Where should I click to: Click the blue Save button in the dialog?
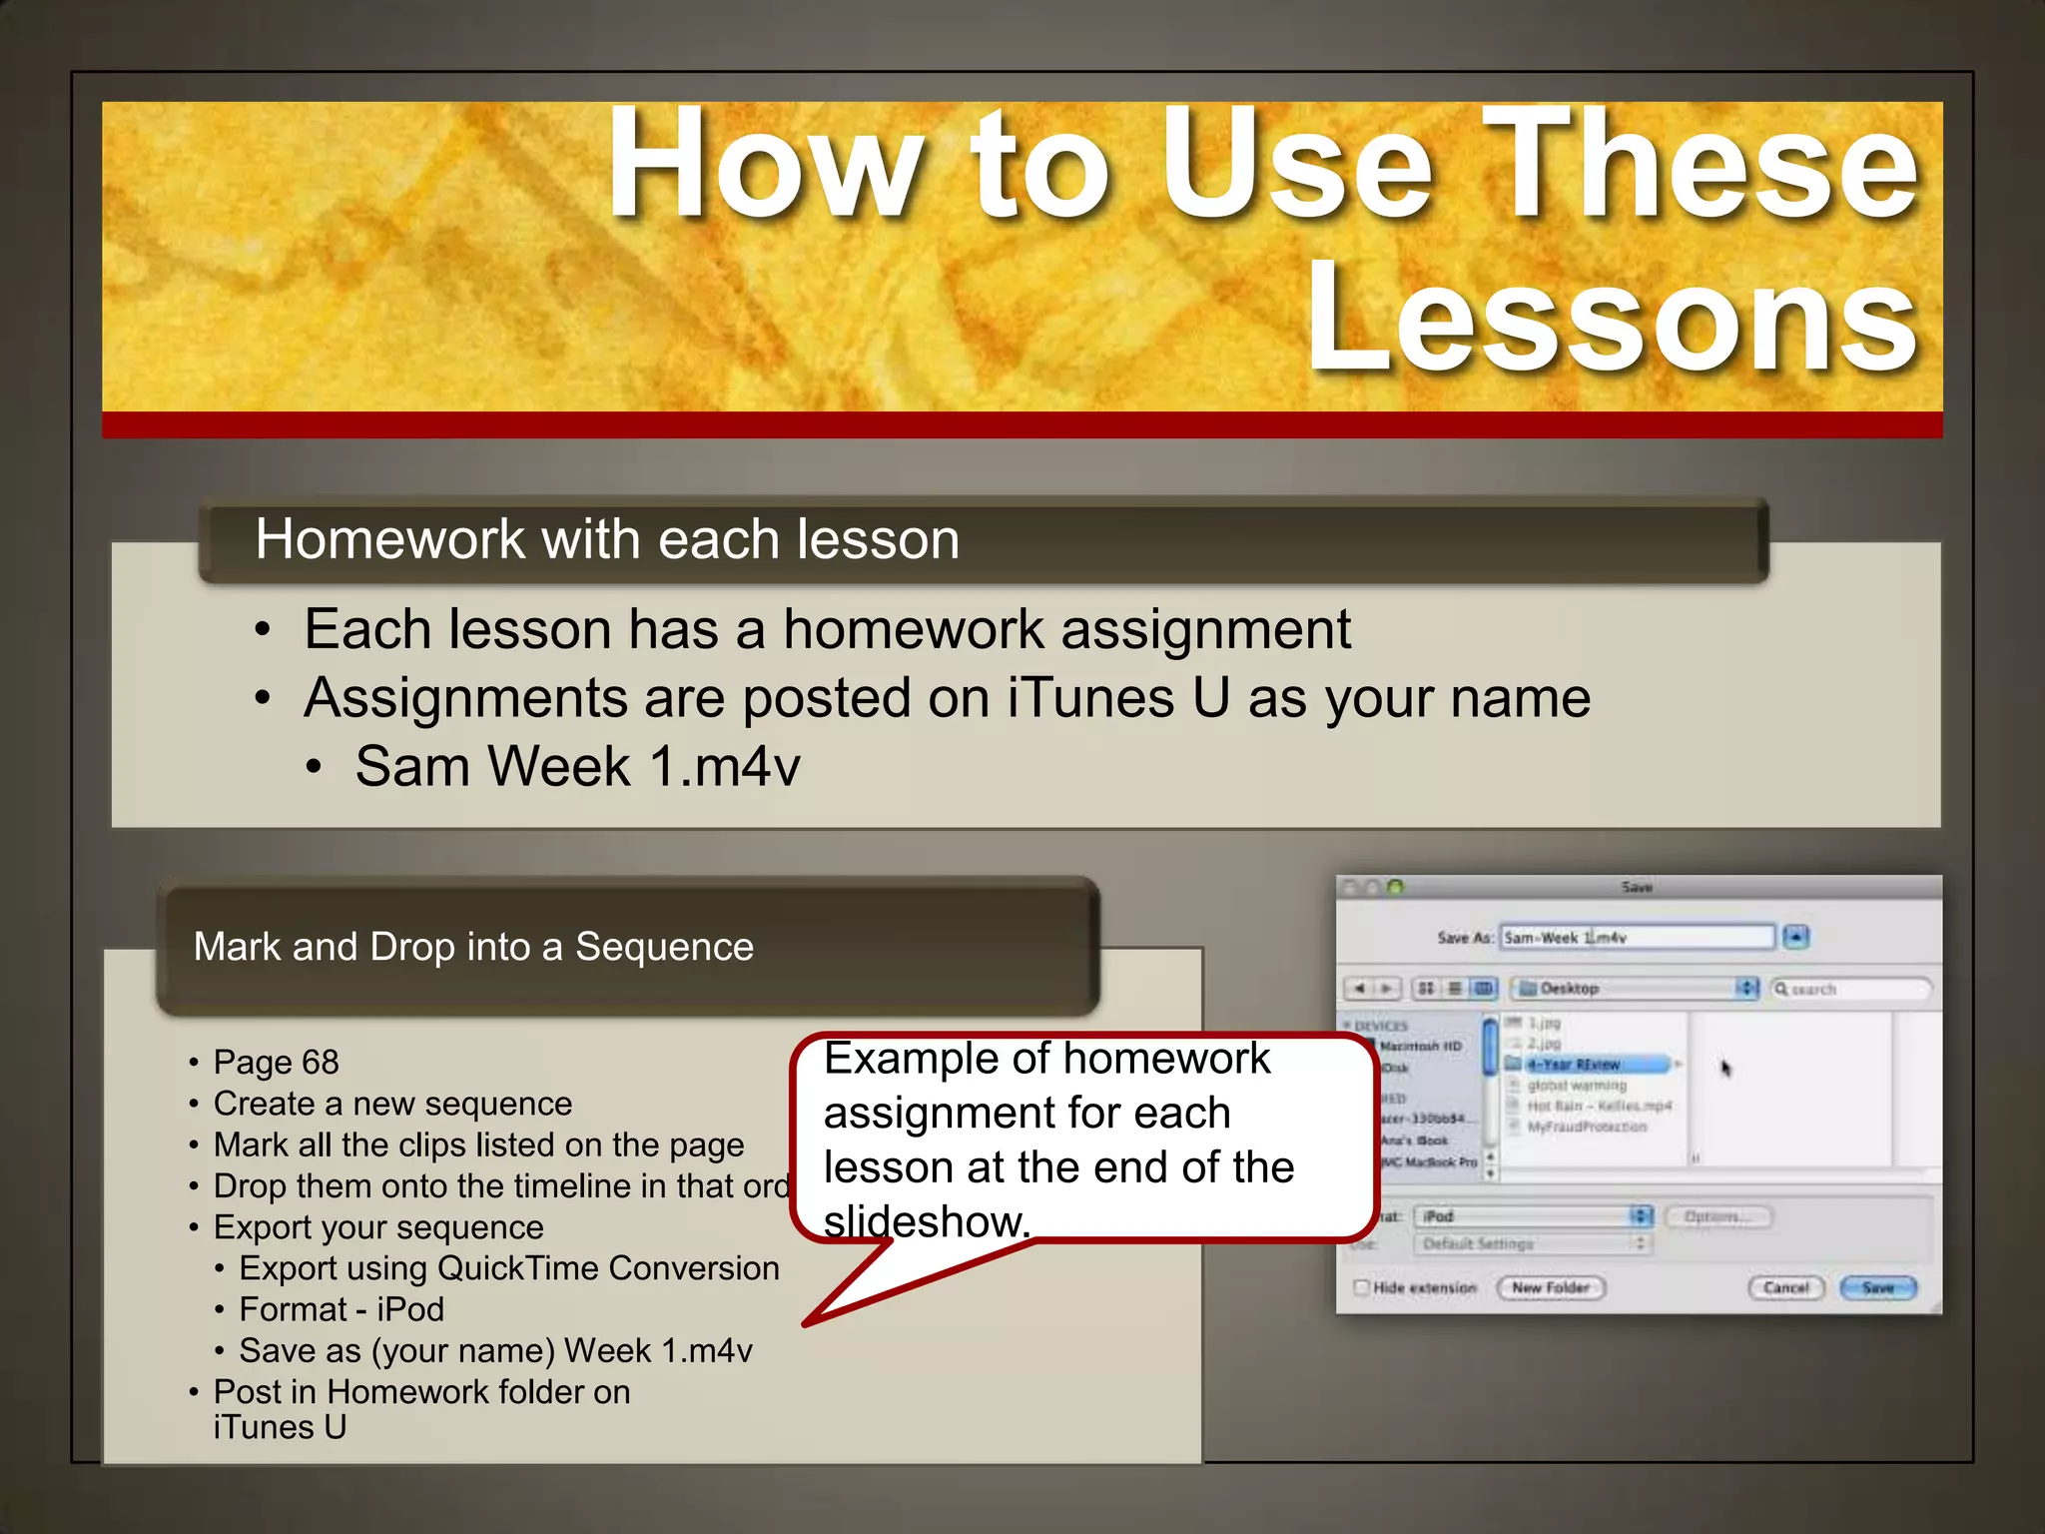pyautogui.click(x=1878, y=1288)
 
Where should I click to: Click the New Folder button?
pyautogui.click(x=1550, y=1288)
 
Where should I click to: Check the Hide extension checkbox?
pyautogui.click(x=1361, y=1287)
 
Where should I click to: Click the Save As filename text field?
pyautogui.click(x=1637, y=938)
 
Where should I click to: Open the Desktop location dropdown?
pyautogui.click(x=1634, y=989)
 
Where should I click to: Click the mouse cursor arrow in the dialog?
pyautogui.click(x=1725, y=1069)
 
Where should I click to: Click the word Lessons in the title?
pyautogui.click(x=1612, y=319)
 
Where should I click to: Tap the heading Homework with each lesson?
pyautogui.click(x=606, y=540)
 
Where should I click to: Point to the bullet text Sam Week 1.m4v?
pyautogui.click(x=577, y=767)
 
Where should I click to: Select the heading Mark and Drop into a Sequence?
pyautogui.click(x=473, y=947)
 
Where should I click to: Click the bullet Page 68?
pyautogui.click(x=276, y=1062)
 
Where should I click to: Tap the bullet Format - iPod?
pyautogui.click(x=341, y=1309)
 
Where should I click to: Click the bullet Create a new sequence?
pyautogui.click(x=392, y=1104)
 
